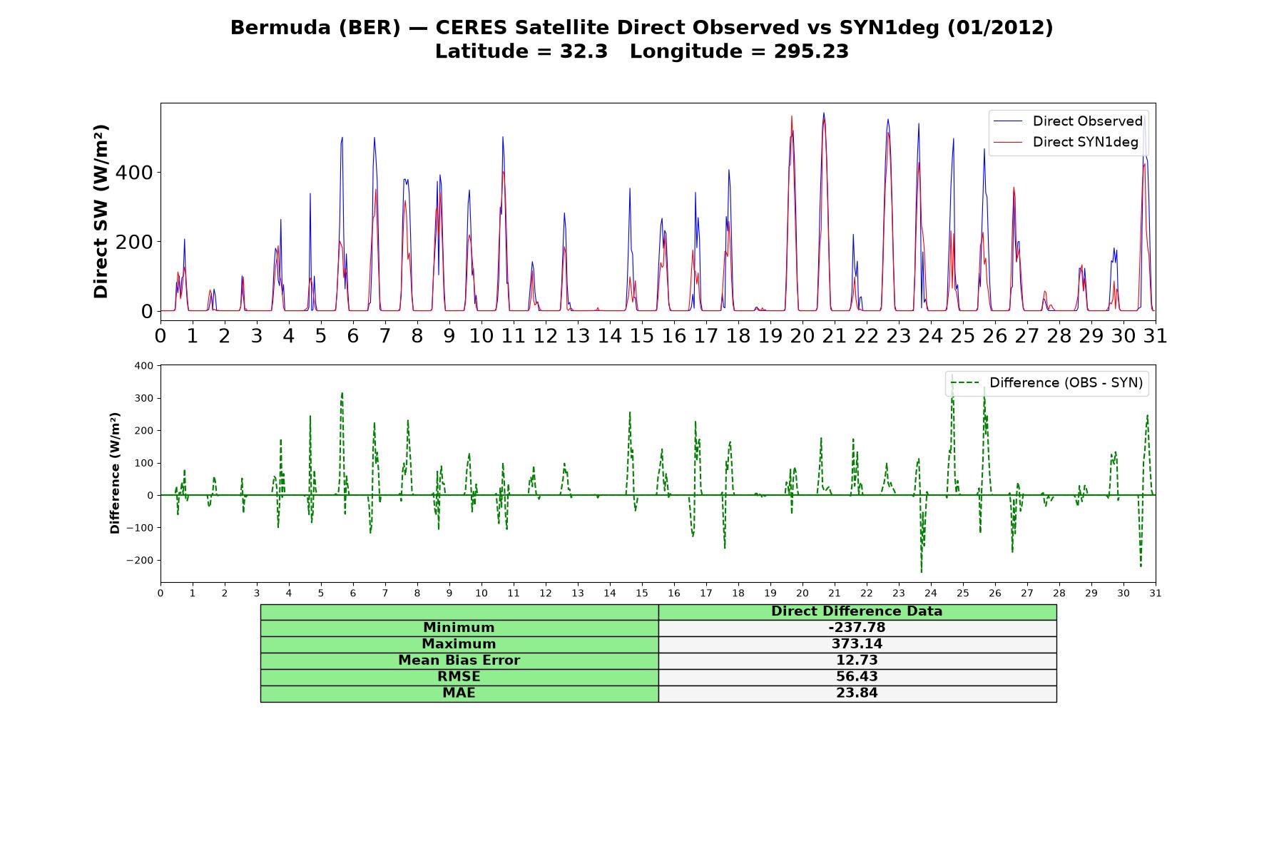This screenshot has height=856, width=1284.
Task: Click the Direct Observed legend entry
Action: coord(1068,121)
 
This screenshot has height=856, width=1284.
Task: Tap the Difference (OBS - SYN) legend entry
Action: coord(1046,383)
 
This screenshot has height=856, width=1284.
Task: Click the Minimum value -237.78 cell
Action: coord(857,628)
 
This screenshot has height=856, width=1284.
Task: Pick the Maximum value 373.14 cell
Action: coord(857,644)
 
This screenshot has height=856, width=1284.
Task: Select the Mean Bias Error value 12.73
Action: coord(857,661)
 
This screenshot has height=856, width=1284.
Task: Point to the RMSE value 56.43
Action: coord(857,677)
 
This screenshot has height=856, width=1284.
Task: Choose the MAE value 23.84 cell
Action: coord(857,693)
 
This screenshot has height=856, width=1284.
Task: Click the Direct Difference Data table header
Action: coord(857,611)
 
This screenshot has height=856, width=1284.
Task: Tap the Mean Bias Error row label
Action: coord(459,661)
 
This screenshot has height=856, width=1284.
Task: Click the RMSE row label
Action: coord(459,677)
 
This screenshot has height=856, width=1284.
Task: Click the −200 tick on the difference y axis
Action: coord(141,560)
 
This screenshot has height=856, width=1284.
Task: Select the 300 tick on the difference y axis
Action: coord(144,398)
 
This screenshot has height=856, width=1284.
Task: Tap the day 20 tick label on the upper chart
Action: coord(802,335)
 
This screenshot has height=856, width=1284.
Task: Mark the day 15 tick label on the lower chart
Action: coord(642,593)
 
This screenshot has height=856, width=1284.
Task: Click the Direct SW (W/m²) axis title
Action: coord(101,211)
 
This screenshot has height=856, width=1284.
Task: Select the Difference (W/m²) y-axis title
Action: coord(116,473)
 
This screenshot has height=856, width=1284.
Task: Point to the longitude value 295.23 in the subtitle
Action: coord(811,51)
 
